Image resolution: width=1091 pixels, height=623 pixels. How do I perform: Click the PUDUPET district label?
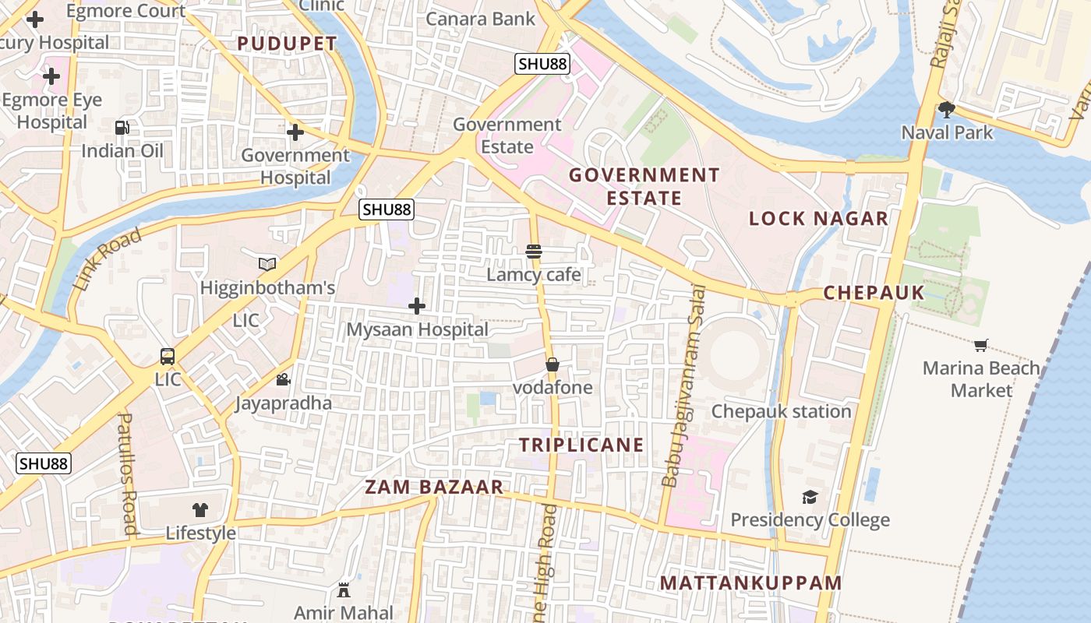point(287,44)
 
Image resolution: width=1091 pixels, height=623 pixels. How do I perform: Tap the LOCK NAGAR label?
point(818,219)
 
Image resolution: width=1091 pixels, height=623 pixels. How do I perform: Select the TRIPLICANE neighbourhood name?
point(581,445)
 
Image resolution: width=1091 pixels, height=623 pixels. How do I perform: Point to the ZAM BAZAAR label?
point(435,487)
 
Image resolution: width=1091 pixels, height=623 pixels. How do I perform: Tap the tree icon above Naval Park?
point(947,109)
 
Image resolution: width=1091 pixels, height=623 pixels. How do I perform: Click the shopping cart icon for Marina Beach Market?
point(981,345)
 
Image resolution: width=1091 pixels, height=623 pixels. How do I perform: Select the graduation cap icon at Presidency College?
point(810,497)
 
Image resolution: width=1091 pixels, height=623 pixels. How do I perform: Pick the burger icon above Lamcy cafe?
point(534,252)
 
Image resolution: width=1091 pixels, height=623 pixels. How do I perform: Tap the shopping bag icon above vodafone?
point(552,364)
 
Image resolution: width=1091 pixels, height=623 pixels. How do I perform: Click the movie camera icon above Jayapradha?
point(283,380)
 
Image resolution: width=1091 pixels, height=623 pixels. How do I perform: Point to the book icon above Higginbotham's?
point(267,265)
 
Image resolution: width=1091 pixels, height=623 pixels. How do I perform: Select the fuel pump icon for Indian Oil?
point(122,128)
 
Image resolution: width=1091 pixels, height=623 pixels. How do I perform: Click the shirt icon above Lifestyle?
point(200,510)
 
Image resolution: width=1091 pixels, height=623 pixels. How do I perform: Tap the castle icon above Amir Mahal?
point(344,590)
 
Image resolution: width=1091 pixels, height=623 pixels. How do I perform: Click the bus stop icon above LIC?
point(168,357)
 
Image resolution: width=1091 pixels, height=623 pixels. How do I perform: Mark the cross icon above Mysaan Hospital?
point(417,306)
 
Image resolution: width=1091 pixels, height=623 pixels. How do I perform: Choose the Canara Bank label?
point(481,19)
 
